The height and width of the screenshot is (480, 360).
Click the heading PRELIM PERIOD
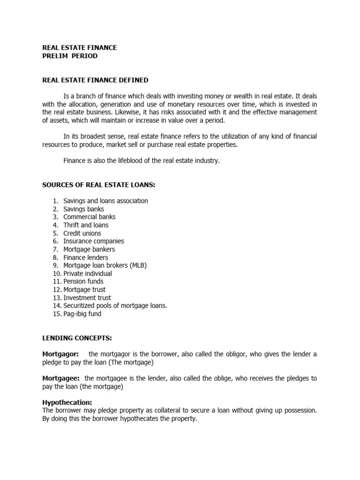(x=70, y=56)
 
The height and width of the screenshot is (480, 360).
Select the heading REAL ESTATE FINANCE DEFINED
(x=95, y=80)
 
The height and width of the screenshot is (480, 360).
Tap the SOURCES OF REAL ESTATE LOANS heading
(x=98, y=185)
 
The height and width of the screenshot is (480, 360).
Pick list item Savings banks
(x=84, y=209)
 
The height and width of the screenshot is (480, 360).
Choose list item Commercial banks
(x=90, y=217)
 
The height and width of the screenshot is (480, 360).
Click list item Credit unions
(x=82, y=233)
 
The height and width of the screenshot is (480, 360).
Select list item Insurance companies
(x=94, y=241)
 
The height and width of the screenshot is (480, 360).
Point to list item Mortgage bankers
(x=89, y=249)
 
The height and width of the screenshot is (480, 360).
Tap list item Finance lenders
(x=86, y=257)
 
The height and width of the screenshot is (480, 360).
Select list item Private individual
(x=88, y=273)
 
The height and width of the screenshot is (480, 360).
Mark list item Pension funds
(x=82, y=282)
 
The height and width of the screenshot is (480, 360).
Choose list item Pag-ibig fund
(x=82, y=314)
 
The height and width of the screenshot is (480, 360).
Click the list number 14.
(x=57, y=306)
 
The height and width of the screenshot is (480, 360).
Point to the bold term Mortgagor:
(x=61, y=354)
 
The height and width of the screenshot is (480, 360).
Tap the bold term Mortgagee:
(x=61, y=378)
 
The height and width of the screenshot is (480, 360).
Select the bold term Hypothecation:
(x=67, y=403)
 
